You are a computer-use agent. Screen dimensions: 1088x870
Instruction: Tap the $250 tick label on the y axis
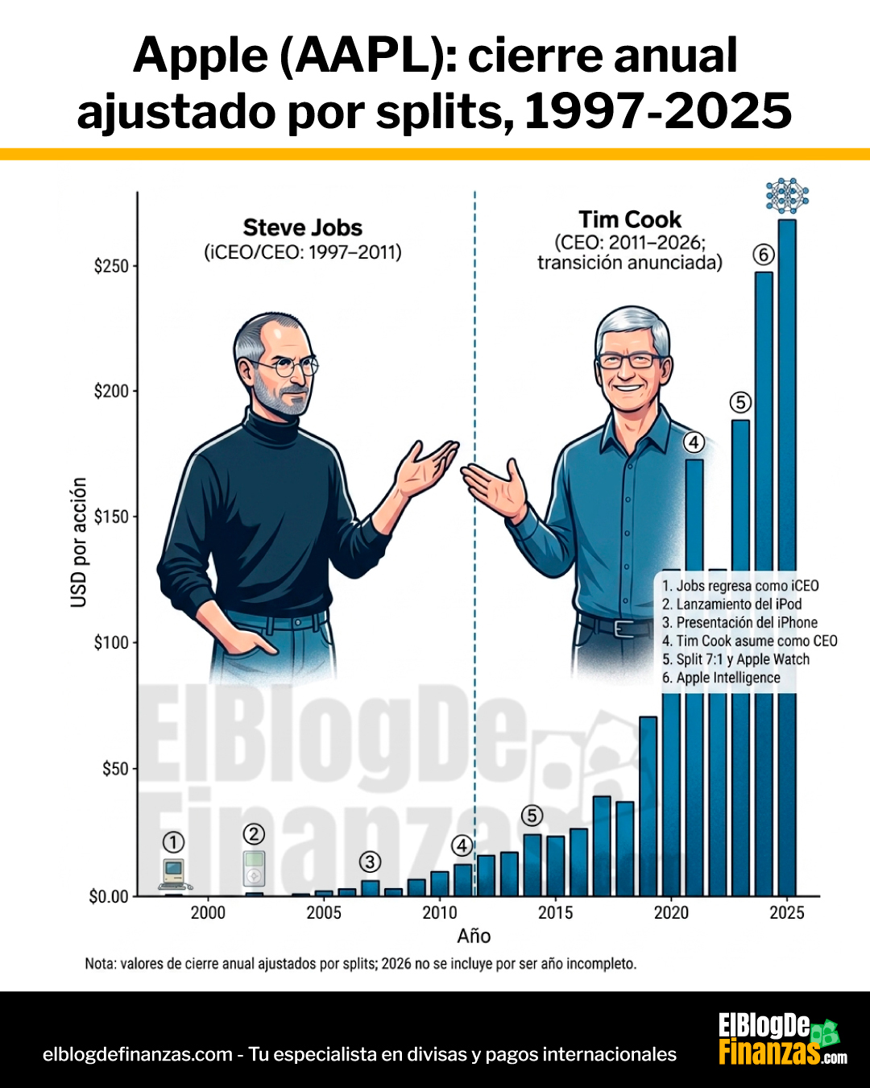click(111, 266)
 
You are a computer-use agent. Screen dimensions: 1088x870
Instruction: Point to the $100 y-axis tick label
click(111, 642)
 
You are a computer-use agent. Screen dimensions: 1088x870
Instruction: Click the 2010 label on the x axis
click(439, 912)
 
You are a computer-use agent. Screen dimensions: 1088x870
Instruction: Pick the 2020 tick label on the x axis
click(671, 912)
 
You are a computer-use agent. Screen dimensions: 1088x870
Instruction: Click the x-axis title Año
click(474, 936)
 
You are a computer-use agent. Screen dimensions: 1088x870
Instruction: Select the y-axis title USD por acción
click(79, 542)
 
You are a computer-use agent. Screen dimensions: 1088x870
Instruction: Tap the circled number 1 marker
click(173, 842)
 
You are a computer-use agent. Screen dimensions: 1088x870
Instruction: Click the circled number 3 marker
click(370, 862)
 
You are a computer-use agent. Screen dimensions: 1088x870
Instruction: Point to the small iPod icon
click(254, 869)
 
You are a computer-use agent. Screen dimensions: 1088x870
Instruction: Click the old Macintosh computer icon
click(174, 873)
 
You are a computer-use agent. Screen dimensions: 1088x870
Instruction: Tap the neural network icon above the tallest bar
click(787, 196)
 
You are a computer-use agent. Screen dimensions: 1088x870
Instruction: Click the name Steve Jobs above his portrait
click(303, 227)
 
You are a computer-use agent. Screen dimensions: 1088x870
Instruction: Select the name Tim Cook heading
click(630, 219)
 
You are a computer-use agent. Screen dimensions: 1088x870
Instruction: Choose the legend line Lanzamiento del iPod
click(731, 604)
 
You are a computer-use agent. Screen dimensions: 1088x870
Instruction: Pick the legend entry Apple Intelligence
click(721, 678)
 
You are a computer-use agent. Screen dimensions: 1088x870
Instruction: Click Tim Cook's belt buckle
click(623, 628)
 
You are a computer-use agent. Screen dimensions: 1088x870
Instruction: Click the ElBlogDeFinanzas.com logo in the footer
click(781, 1039)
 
